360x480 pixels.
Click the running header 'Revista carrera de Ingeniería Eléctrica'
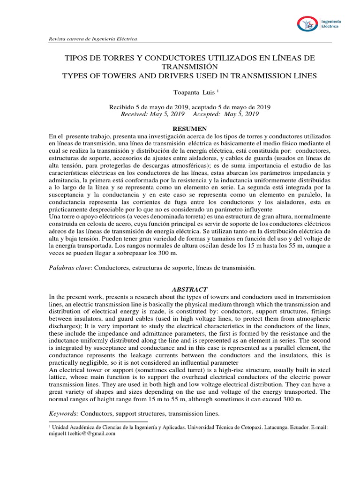coord(93,39)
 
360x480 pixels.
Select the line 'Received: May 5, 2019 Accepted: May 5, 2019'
coord(189,114)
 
